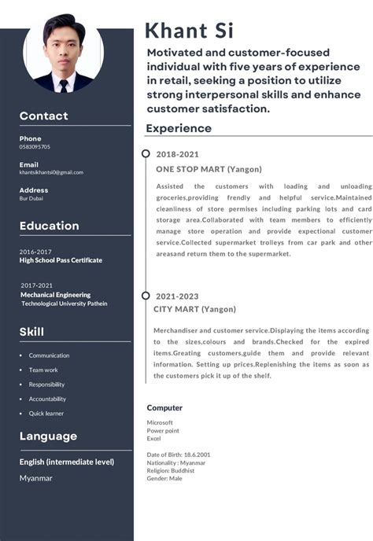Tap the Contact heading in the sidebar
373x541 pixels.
point(44,116)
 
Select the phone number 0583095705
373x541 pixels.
point(35,147)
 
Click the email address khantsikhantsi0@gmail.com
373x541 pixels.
point(51,172)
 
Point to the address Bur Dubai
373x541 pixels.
point(31,198)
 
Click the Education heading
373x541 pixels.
point(50,226)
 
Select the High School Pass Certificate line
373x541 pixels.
point(61,260)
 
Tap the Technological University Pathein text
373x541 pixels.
point(65,304)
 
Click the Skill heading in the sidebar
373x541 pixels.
point(31,332)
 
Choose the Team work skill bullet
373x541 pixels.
point(43,370)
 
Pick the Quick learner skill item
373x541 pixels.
point(46,414)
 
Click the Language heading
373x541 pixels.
point(48,436)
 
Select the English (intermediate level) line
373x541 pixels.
point(67,462)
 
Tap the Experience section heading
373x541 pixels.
point(179,128)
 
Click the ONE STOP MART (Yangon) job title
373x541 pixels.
point(209,169)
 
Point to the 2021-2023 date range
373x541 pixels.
point(177,296)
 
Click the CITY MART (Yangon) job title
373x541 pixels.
point(194,310)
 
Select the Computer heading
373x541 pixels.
point(164,408)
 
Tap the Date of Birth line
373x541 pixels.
point(179,455)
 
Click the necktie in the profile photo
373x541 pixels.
point(63,84)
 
